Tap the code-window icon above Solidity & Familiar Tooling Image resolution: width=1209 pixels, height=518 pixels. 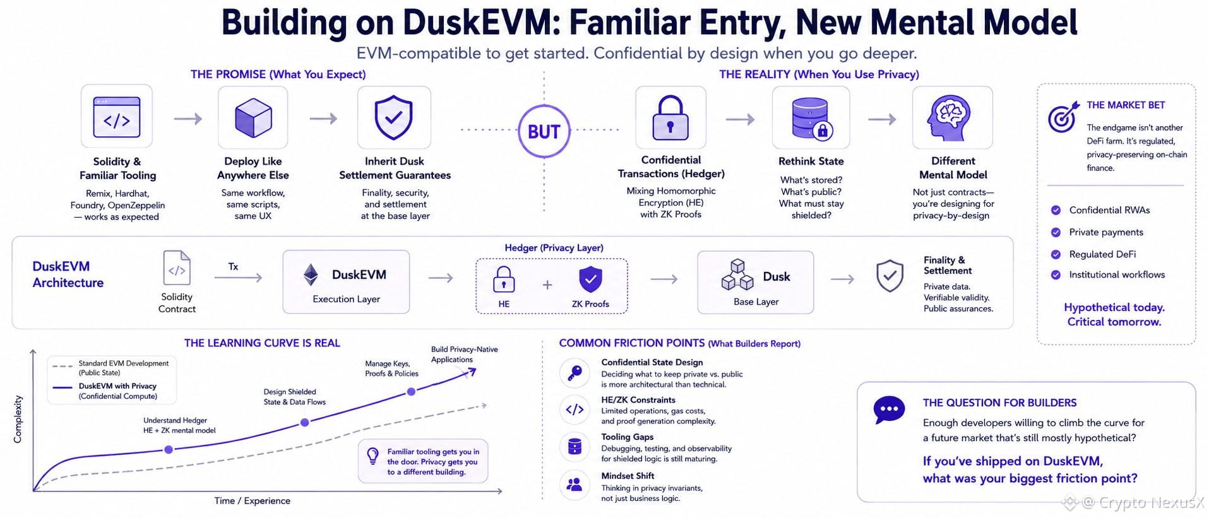117,117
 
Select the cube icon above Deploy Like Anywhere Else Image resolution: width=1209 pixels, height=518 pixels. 253,117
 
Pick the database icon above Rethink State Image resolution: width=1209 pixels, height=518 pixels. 812,118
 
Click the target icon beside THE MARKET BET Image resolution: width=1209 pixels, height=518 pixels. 1062,117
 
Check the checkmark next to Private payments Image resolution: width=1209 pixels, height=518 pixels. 1056,232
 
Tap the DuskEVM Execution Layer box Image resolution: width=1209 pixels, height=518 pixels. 346,282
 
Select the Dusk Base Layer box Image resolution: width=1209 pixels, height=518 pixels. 755,282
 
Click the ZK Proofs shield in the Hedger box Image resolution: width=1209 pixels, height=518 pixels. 590,280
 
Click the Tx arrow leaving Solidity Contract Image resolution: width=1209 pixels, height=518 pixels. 238,278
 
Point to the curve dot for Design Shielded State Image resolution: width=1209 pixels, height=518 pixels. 305,422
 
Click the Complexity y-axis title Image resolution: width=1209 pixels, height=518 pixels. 18,419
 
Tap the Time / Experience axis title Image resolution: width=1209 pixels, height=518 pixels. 253,501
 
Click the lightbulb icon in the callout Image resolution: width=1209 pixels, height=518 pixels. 373,456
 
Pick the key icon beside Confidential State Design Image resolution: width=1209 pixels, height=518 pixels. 575,373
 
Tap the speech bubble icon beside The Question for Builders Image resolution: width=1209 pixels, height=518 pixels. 889,410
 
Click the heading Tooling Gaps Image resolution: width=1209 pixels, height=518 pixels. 627,437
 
